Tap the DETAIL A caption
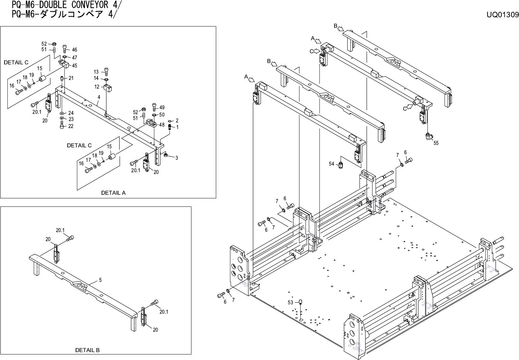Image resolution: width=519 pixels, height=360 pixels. [x=113, y=193]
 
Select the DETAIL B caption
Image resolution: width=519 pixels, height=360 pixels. [x=87, y=350]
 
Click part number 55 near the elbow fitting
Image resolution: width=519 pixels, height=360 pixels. [x=436, y=143]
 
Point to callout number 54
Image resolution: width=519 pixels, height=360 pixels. [x=331, y=164]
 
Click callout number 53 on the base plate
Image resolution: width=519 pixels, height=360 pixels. [x=290, y=302]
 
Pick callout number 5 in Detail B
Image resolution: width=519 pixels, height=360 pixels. [x=100, y=280]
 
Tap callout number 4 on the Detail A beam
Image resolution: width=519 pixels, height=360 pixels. [x=98, y=98]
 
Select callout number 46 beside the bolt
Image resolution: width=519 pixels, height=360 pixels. [x=74, y=50]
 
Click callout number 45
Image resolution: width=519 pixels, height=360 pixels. [x=74, y=66]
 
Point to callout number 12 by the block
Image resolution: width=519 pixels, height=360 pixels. [x=97, y=87]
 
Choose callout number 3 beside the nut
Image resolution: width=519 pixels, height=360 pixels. [x=177, y=158]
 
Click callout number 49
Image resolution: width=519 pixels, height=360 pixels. [x=162, y=108]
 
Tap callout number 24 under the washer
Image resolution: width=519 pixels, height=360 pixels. [x=70, y=113]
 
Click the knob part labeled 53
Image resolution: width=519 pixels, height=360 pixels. [x=300, y=302]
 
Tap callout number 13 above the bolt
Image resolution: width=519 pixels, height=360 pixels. [x=96, y=72]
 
